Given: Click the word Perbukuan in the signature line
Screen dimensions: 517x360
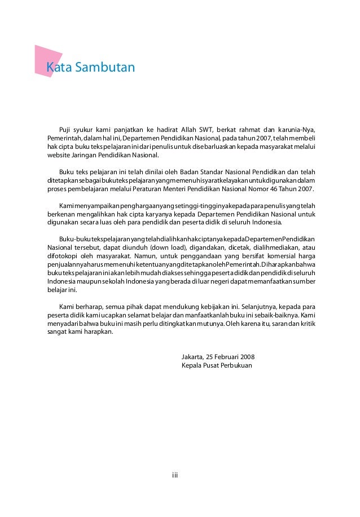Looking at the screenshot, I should tap(236, 365).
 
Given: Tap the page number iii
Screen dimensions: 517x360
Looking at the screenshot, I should tap(175, 475).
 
